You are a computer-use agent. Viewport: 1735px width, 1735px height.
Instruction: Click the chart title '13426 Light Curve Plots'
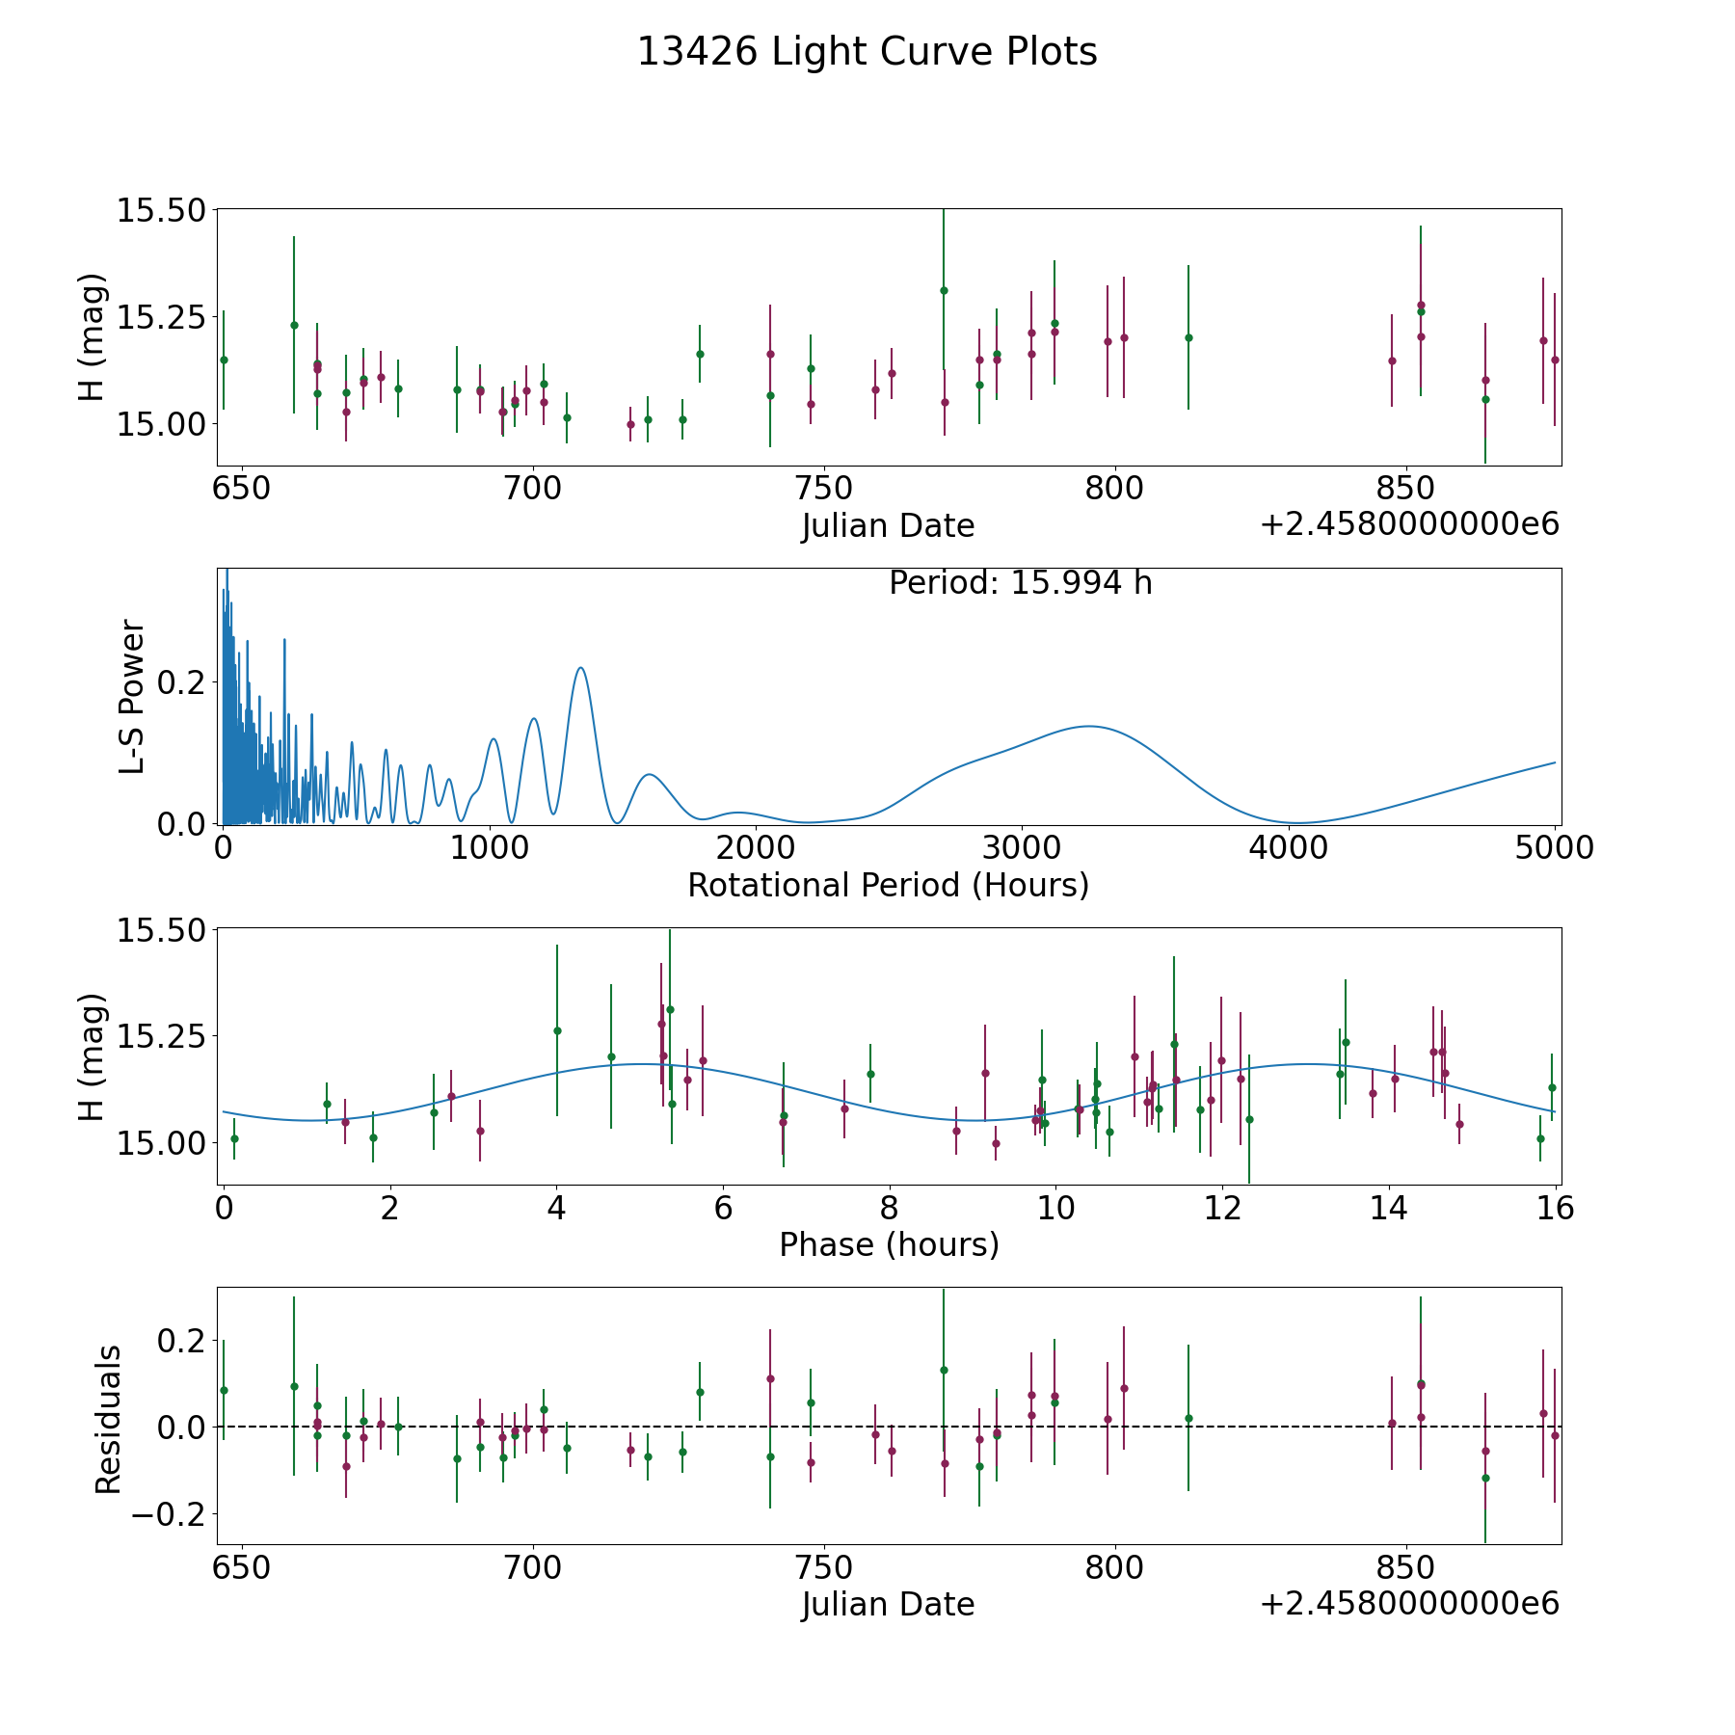coord(867,52)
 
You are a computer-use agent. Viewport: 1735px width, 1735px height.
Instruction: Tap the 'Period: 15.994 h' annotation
coord(1020,583)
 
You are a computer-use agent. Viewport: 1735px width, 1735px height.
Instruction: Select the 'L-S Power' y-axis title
coord(133,696)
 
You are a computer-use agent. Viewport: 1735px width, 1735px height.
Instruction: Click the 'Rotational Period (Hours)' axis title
coord(888,885)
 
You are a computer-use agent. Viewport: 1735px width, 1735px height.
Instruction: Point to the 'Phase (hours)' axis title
coord(888,1244)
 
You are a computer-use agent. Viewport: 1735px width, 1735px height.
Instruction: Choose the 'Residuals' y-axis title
coord(108,1419)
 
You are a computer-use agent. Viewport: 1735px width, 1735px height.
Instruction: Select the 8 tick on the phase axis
coord(889,1208)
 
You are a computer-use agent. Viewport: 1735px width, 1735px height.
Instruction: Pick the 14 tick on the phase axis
coord(1389,1208)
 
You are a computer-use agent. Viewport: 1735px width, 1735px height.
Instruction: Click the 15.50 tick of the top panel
coord(161,210)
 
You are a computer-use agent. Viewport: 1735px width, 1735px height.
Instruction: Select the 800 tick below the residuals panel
coord(1114,1567)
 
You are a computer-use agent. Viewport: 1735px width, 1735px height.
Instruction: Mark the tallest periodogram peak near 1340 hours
coord(580,668)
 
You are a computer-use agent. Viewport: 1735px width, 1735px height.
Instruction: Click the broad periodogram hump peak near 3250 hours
coord(1089,726)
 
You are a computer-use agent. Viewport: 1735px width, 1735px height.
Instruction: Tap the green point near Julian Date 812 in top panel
coord(1188,337)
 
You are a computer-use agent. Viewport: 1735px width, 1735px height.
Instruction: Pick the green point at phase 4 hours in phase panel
coord(557,1030)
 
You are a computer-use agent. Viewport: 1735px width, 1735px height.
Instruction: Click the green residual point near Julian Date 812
coord(1188,1418)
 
